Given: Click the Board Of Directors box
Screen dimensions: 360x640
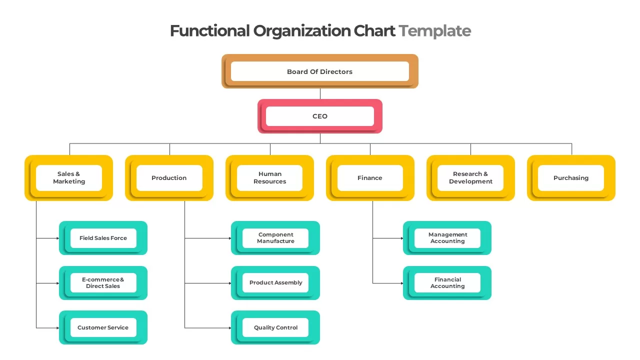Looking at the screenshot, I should coord(320,71).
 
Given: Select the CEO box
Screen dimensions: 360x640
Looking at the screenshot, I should coord(320,116).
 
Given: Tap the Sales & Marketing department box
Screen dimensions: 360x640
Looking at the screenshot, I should coord(69,178).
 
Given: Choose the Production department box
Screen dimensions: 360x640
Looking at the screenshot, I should coord(169,178).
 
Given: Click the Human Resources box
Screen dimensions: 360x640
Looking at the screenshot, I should coord(270,178).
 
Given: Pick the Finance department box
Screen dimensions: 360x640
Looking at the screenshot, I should coord(370,178).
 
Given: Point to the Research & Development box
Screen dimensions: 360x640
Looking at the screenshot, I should coord(470,178).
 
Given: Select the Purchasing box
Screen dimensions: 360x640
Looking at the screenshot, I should coord(571,178).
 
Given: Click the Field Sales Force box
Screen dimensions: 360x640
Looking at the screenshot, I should coord(103,238).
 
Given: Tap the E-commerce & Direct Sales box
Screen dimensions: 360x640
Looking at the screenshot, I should coord(103,283).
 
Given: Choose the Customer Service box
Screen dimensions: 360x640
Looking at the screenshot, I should coord(103,327).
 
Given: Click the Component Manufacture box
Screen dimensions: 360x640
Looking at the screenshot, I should coord(275,238).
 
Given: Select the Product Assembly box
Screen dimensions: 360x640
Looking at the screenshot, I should coord(275,283).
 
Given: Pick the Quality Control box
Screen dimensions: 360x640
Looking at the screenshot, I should coord(275,327).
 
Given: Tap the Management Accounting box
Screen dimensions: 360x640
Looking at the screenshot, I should coord(447,238).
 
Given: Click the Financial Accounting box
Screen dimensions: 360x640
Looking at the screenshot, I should coord(447,283).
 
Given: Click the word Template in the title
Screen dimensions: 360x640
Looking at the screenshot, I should coord(435,31).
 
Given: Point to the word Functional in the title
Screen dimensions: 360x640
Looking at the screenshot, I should coord(209,31).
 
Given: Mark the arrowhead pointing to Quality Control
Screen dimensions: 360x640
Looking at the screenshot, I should coord(229,328).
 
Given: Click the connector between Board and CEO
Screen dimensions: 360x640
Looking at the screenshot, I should coord(320,94).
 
